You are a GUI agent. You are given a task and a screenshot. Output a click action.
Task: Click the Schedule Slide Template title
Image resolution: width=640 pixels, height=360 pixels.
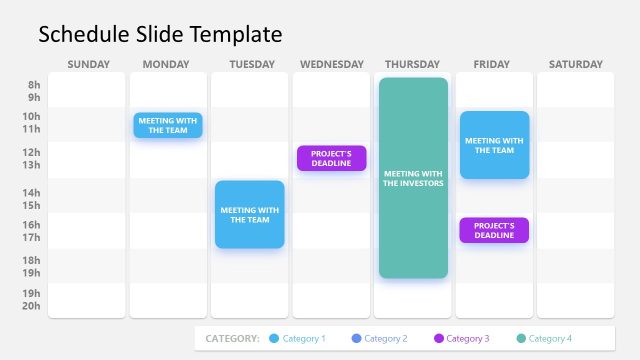point(160,35)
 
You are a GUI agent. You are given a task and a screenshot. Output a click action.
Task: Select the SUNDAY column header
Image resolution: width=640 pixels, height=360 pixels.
point(88,65)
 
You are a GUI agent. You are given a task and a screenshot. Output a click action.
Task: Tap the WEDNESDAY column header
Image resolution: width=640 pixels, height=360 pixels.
point(332,65)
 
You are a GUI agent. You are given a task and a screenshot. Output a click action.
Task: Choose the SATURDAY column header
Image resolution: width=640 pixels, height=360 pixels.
point(576,65)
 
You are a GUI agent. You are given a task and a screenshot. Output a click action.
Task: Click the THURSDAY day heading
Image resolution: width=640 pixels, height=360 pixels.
point(412,65)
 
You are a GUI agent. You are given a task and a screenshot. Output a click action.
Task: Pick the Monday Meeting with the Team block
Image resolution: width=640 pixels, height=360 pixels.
point(168,125)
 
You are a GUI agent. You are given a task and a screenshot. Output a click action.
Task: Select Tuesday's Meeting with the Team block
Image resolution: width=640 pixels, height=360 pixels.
point(250,214)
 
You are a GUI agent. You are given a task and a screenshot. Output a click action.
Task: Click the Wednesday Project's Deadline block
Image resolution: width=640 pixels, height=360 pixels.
point(331,158)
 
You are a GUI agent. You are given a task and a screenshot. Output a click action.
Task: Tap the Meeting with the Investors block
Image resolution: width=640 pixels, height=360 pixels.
point(413,178)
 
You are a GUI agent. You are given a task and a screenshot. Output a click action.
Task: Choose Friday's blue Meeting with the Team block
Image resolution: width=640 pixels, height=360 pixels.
point(494,145)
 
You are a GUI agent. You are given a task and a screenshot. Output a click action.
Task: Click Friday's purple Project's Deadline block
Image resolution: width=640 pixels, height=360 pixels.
point(494,230)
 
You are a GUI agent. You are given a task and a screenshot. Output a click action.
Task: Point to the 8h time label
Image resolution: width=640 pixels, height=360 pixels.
point(34,86)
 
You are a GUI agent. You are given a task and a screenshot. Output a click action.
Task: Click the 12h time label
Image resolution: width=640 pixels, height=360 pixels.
point(34,153)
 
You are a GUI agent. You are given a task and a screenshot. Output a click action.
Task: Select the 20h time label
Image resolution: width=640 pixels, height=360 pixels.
point(34,306)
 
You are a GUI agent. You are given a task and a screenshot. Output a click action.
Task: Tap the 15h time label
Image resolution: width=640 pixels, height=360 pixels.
point(34,205)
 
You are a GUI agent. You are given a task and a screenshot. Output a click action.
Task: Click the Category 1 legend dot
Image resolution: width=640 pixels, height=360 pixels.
point(274,339)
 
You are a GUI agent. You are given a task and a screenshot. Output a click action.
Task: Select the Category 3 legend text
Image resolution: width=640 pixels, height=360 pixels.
point(468,339)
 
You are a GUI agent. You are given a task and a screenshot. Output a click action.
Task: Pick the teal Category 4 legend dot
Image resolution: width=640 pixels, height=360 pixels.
point(520,339)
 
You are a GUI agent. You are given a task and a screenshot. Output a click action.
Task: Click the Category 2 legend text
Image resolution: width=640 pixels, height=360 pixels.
point(386,339)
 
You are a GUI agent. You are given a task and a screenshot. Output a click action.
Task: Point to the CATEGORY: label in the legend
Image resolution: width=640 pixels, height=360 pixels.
point(232,339)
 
